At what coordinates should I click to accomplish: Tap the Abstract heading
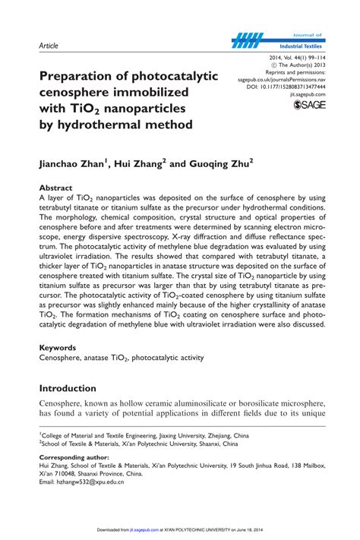(56, 187)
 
